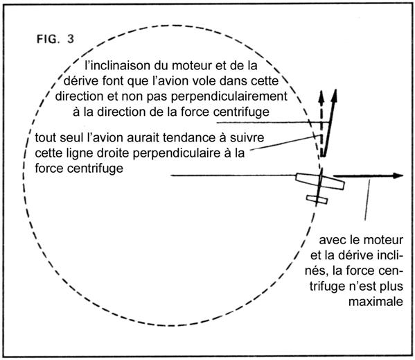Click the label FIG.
point(47,39)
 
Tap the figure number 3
point(71,39)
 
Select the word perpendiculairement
point(229,96)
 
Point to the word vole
point(203,80)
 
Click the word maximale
point(376,302)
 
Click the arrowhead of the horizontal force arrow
point(398,175)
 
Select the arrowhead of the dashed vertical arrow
point(321,97)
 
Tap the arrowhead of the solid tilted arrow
point(335,96)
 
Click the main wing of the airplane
point(320,182)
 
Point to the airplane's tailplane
point(317,200)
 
